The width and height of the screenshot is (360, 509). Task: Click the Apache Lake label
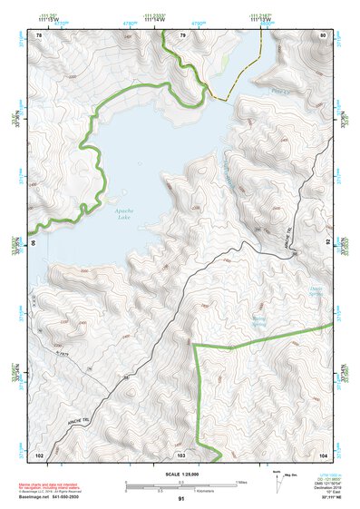[126, 214]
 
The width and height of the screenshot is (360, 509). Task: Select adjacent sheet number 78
[39, 35]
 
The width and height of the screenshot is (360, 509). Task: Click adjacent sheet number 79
[181, 35]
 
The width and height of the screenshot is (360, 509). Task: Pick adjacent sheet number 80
[322, 35]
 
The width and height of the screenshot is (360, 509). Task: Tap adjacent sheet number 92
[327, 242]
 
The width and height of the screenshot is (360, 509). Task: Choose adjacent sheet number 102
[39, 453]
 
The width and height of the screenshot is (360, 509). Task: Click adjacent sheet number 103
[181, 453]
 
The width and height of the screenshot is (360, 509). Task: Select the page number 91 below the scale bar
[181, 499]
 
